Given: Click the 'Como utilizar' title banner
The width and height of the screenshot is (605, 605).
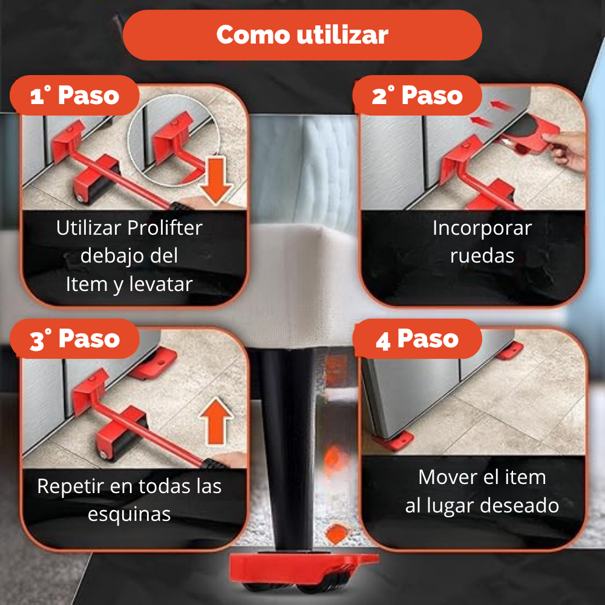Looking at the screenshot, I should pos(302,34).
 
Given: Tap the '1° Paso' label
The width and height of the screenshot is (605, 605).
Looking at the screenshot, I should pos(75,96).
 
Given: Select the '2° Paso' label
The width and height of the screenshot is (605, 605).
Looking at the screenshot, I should pos(417,96).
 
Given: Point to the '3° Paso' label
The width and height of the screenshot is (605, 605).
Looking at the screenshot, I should pos(75,339).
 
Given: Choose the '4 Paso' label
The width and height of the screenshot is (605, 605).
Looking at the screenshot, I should pos(417,339).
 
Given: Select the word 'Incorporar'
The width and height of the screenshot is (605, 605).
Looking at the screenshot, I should pos(482,228).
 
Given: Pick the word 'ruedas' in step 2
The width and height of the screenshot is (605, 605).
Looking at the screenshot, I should pos(482,255).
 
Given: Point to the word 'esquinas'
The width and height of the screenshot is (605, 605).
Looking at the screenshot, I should pos(129,514).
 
